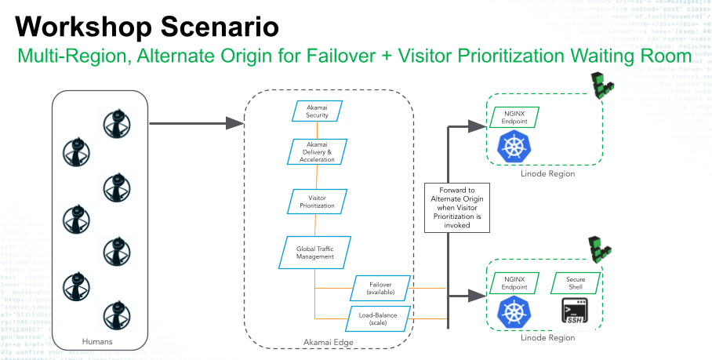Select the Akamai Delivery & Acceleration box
pyautogui.click(x=317, y=151)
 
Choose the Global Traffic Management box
pyautogui.click(x=314, y=252)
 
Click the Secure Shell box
pyautogui.click(x=579, y=283)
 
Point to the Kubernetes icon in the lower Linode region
pyautogui.click(x=515, y=312)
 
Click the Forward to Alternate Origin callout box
pyautogui.click(x=457, y=207)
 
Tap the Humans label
pyautogui.click(x=97, y=341)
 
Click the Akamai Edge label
pyautogui.click(x=330, y=343)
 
